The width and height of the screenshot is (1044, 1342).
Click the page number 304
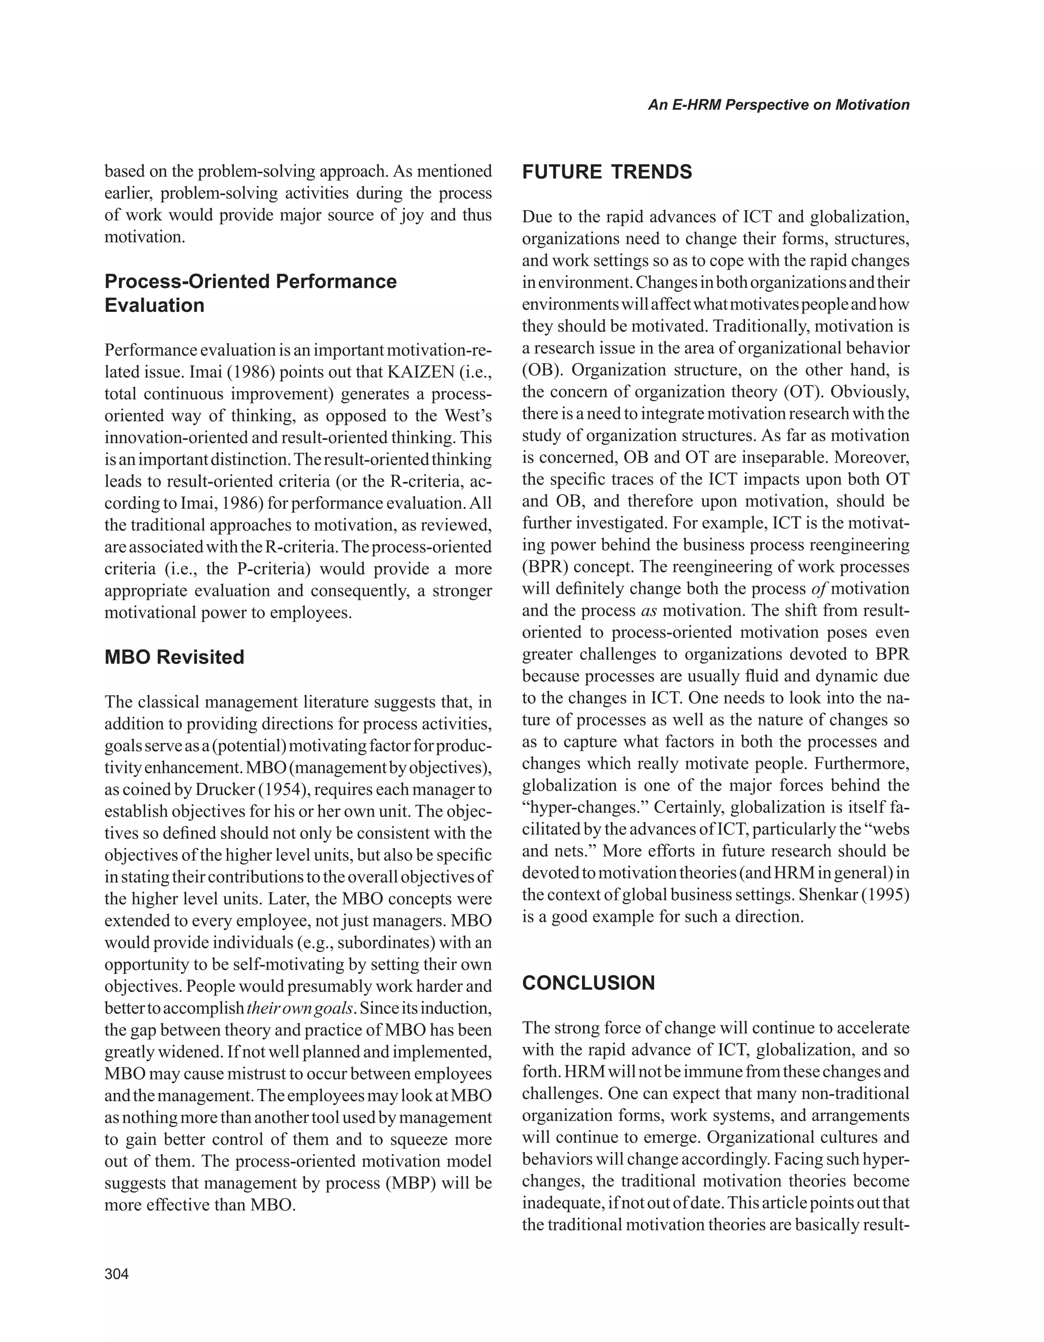[x=117, y=1274]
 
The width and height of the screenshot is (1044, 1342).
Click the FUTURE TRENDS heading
[x=607, y=172]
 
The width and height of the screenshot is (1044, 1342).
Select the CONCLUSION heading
[x=588, y=983]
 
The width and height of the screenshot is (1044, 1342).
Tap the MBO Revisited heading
[x=174, y=657]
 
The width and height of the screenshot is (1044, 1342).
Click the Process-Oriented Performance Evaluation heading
[x=250, y=293]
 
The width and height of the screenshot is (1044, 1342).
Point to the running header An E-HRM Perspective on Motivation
[x=778, y=105]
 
